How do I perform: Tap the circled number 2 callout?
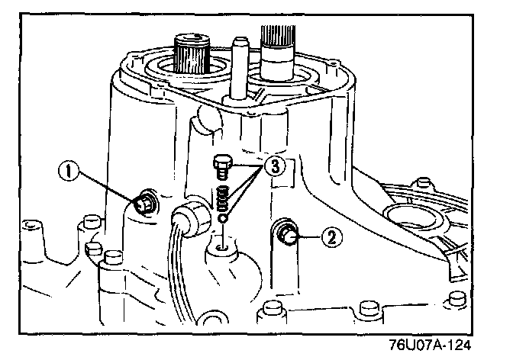click(330, 237)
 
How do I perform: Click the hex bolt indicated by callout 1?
click(144, 204)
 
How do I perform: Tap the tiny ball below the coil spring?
click(221, 218)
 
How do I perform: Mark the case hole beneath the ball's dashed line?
click(221, 247)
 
